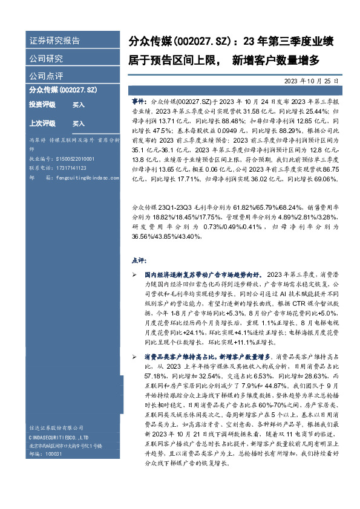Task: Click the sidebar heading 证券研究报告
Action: click(54, 41)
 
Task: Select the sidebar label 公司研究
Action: click(46, 59)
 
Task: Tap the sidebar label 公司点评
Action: click(46, 76)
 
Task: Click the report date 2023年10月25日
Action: click(311, 80)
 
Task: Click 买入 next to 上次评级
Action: click(79, 123)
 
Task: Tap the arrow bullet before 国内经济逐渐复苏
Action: click(136, 274)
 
